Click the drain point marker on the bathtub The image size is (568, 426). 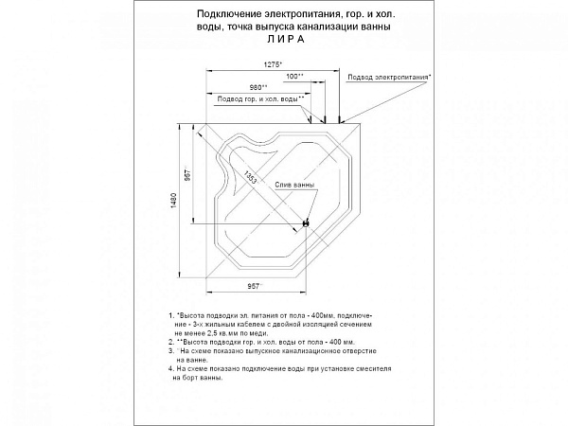coord(306,222)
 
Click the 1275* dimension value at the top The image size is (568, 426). coord(274,63)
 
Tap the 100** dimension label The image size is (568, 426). coord(294,76)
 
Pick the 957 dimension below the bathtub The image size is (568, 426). coord(254,284)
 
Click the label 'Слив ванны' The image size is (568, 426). coord(294,185)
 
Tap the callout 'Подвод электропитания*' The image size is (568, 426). coord(389,75)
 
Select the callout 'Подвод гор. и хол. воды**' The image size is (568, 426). coord(260,98)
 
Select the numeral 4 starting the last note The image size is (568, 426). coord(169,367)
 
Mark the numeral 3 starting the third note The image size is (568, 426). coord(169,350)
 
